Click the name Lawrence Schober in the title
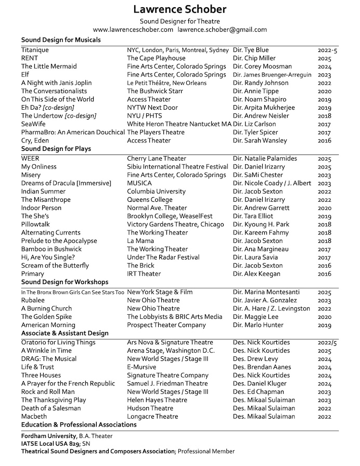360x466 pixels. (x=179, y=10)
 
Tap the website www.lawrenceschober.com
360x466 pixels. (x=133, y=30)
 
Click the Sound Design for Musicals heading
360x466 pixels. (x=61, y=40)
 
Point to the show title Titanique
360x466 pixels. (x=35, y=50)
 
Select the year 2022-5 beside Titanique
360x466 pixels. (x=327, y=50)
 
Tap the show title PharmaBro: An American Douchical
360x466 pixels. (x=72, y=133)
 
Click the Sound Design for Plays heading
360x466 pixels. (x=56, y=149)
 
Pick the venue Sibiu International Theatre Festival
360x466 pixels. (x=177, y=166)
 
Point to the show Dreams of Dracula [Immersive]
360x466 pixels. (x=66, y=183)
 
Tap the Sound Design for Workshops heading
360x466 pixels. (x=65, y=282)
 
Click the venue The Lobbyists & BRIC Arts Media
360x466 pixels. (x=174, y=317)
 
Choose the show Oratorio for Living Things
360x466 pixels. (x=58, y=342)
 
